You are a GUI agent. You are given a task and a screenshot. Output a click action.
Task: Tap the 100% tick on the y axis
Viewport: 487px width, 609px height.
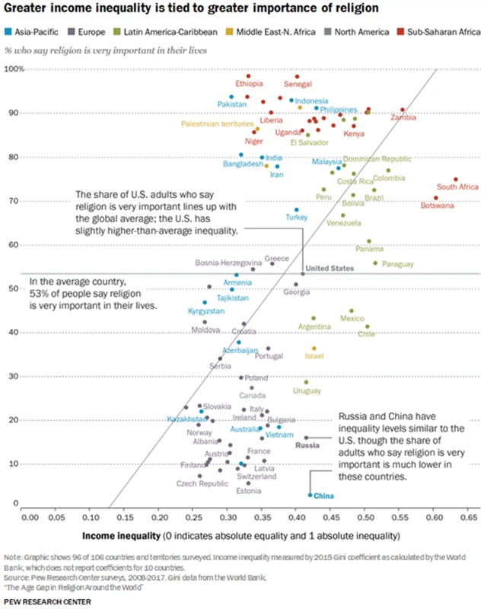15,69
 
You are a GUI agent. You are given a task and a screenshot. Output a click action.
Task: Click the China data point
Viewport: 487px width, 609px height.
310,495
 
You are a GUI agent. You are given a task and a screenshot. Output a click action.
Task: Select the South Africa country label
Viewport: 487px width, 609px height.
457,187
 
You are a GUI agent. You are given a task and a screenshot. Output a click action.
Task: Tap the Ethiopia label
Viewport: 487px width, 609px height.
249,84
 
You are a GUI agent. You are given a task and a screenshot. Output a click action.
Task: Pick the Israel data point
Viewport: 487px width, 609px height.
314,349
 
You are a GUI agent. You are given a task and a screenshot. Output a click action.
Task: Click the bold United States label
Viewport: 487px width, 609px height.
329,268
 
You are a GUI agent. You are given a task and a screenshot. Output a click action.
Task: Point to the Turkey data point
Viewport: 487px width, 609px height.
297,209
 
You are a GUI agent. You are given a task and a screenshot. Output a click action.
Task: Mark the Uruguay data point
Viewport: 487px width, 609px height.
307,382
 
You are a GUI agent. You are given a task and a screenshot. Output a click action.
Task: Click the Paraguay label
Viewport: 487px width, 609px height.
398,264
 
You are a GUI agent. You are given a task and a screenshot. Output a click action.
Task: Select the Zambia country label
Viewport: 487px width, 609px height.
403,118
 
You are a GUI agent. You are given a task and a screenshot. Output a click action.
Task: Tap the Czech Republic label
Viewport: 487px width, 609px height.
202,483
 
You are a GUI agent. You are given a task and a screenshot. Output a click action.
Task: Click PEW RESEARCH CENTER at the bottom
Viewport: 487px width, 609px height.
47,601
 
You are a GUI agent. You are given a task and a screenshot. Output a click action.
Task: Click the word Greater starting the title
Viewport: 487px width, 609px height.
28,10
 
